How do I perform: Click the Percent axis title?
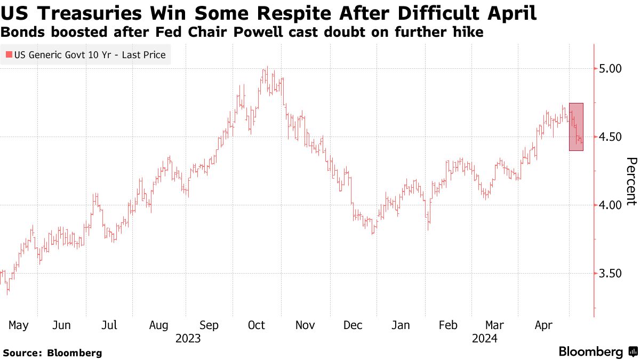[x=631, y=181]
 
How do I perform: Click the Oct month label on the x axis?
[x=258, y=325]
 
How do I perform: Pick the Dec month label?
[x=353, y=325]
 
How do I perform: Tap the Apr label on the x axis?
[x=543, y=325]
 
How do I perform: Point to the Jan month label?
[x=401, y=325]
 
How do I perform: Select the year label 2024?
[x=484, y=339]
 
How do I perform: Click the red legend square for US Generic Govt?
[x=9, y=54]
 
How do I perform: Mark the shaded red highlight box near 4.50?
[x=576, y=126]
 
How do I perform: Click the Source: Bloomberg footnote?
[x=52, y=353]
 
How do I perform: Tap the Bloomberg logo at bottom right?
[x=597, y=351]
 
